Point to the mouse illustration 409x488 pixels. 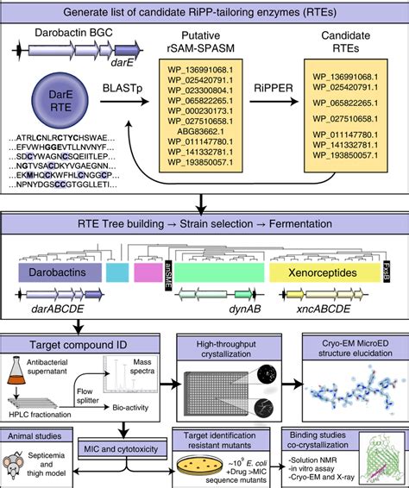click(28, 466)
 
